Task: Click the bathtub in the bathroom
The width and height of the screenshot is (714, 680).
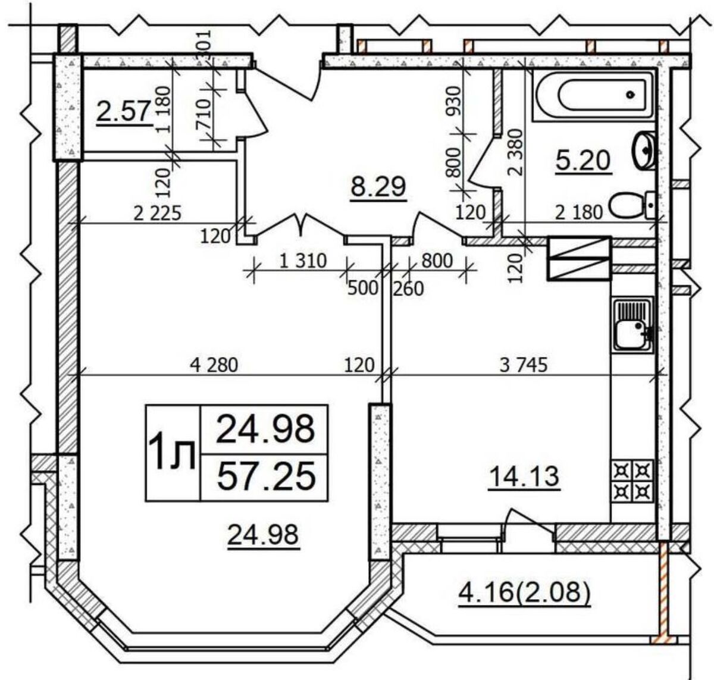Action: [x=593, y=96]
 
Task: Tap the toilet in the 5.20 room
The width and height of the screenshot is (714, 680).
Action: [x=631, y=205]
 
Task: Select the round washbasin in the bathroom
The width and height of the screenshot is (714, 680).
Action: [x=644, y=150]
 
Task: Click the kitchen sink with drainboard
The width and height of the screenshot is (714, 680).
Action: [x=632, y=325]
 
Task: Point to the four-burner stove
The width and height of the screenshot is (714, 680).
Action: [x=632, y=481]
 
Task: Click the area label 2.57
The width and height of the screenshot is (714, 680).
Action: [x=124, y=111]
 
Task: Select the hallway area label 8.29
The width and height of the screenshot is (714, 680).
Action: [x=378, y=187]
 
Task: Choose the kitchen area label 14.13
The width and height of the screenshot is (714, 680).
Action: [x=524, y=477]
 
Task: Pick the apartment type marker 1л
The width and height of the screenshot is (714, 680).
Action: [x=171, y=453]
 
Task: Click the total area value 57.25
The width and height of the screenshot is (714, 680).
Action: [x=266, y=476]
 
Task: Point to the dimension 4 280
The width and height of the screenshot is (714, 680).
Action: [x=214, y=365]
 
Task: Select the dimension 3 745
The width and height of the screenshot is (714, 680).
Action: [x=524, y=365]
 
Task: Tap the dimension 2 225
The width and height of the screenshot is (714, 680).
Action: [x=157, y=213]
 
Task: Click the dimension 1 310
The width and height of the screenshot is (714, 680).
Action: [x=303, y=261]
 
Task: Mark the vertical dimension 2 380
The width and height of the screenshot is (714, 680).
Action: [x=516, y=152]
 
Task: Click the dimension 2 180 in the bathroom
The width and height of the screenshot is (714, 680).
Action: [x=579, y=212]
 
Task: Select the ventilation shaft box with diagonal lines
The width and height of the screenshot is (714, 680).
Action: [x=580, y=258]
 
